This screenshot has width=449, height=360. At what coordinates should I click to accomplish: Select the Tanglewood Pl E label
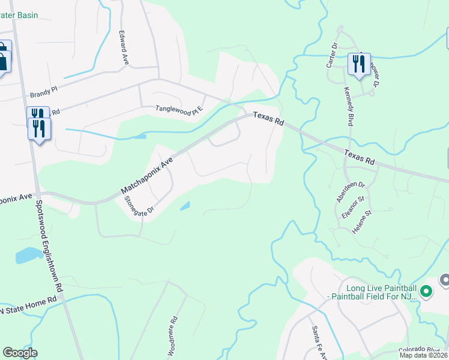click(x=180, y=109)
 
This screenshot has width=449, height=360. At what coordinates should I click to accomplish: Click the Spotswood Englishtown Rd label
click(x=50, y=247)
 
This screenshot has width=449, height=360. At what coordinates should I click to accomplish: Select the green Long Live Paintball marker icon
click(x=426, y=292)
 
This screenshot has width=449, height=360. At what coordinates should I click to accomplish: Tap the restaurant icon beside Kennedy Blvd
click(x=358, y=64)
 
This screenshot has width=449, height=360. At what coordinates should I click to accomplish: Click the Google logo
click(x=20, y=353)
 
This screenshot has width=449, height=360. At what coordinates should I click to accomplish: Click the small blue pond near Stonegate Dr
click(x=185, y=206)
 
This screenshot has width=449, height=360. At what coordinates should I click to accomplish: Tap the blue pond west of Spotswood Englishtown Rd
click(x=28, y=255)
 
